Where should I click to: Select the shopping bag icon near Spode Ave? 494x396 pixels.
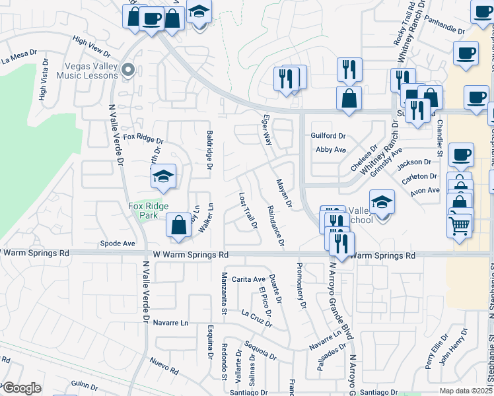pyautogui.click(x=178, y=225)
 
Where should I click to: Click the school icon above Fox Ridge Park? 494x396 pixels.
pyautogui.click(x=163, y=176)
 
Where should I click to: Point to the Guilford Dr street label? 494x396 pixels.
pyautogui.click(x=328, y=135)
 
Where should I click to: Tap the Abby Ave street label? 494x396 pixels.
pyautogui.click(x=331, y=150)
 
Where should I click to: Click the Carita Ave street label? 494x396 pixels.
pyautogui.click(x=248, y=279)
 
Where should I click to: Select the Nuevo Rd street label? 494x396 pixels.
pyautogui.click(x=164, y=362)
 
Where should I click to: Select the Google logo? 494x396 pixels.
pyautogui.click(x=21, y=388)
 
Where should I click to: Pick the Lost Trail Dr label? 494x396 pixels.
pyautogui.click(x=248, y=211)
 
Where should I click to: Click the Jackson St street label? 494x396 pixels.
pyautogui.click(x=414, y=162)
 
